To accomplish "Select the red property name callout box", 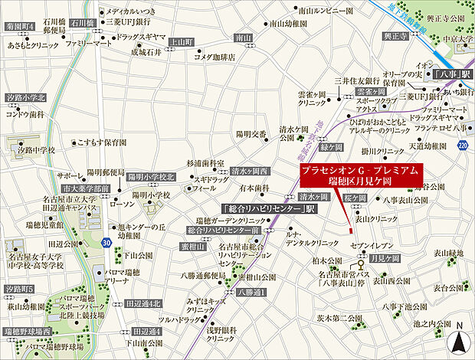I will [358, 173].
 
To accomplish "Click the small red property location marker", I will [350, 230].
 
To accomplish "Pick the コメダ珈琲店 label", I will [213, 55].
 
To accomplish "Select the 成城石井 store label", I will [147, 53].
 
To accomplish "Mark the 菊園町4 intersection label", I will [20, 25].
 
